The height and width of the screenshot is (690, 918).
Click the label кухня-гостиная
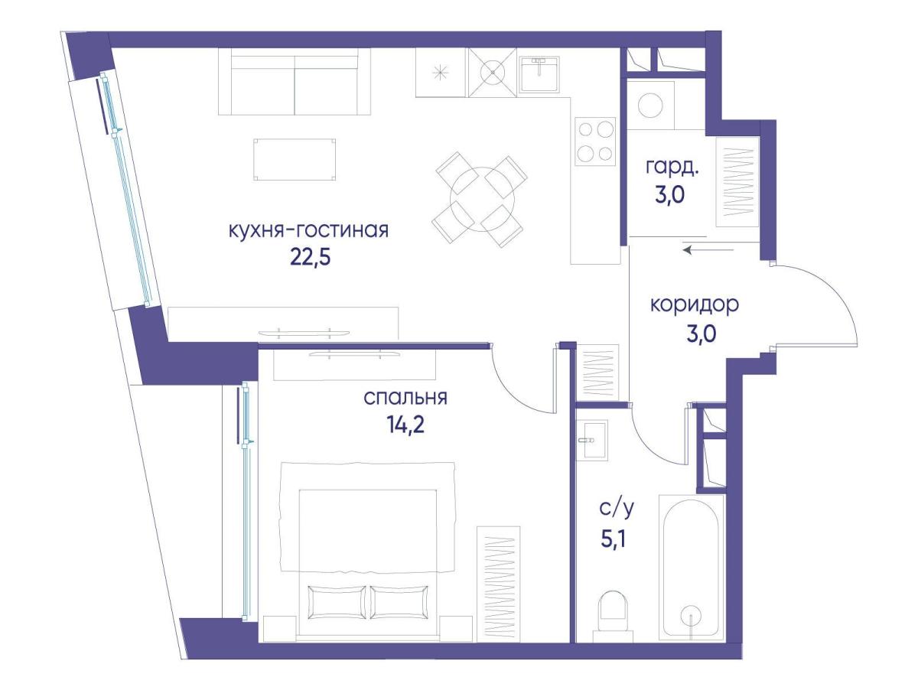click(x=308, y=230)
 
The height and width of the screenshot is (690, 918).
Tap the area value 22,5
click(x=311, y=258)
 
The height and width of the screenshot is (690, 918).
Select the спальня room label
click(x=405, y=398)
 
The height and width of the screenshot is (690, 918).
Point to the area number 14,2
click(x=405, y=425)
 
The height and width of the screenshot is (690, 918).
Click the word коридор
click(x=695, y=306)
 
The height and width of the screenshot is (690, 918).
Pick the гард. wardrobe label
click(x=672, y=168)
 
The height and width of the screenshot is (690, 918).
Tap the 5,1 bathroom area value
click(x=613, y=540)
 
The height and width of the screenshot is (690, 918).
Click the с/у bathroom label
click(x=617, y=509)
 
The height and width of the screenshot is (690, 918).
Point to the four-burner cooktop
click(x=594, y=142)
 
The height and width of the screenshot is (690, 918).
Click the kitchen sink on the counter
click(x=539, y=74)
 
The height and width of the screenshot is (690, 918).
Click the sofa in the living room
click(x=295, y=81)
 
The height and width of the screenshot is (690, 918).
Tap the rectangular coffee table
click(x=295, y=160)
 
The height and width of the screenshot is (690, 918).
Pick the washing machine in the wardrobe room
click(x=650, y=105)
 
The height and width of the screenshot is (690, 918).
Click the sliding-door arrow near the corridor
click(x=708, y=250)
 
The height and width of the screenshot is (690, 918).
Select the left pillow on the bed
click(x=337, y=602)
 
